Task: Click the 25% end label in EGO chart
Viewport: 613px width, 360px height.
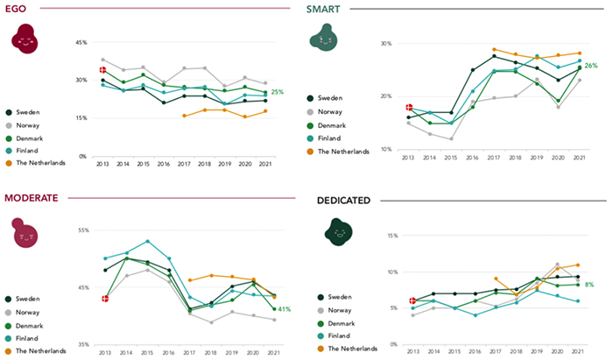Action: coord(278,92)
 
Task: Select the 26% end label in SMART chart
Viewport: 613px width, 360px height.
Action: coord(591,66)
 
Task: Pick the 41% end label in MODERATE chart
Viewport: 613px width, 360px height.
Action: coord(285,309)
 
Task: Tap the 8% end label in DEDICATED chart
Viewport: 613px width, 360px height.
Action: coord(589,284)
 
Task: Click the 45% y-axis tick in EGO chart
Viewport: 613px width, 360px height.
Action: coord(81,42)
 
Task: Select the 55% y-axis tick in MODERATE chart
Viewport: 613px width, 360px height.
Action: coord(83,230)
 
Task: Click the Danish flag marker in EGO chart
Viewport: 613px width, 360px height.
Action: coord(102,69)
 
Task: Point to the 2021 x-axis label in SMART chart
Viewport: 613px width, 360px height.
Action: coord(577,157)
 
